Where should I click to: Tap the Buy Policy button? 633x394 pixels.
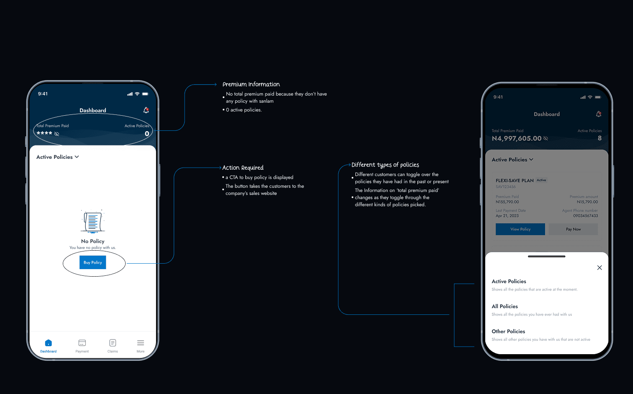coord(93,262)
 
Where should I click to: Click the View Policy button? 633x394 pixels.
coord(520,229)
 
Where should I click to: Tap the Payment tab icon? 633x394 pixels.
coord(82,343)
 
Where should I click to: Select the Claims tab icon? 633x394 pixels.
coord(113,343)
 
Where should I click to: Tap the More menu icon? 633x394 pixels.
coord(141,343)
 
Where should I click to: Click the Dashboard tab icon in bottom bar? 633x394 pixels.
coord(48,343)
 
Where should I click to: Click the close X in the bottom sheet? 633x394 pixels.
coord(600,267)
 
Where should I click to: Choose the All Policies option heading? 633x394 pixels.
coord(505,306)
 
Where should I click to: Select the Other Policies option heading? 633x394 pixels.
coord(508,332)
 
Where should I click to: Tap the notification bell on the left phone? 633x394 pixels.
coord(146,110)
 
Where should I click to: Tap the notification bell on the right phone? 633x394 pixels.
coord(599,114)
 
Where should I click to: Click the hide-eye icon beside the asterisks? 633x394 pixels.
coord(57,134)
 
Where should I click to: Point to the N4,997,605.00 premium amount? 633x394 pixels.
coord(517,138)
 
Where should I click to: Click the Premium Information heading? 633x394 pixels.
coord(251,84)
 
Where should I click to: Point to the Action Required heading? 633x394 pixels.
coord(243,168)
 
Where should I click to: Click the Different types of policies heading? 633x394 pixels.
coord(385,165)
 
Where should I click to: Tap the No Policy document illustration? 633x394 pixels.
coord(93,221)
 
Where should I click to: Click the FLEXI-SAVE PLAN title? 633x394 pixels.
coord(515,181)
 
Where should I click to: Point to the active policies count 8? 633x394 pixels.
coord(600,138)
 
